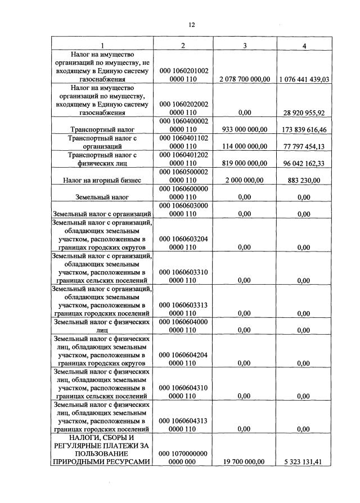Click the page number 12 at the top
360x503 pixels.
[x=191, y=25]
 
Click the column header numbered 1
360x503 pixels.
[x=102, y=46]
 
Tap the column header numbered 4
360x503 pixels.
[x=304, y=46]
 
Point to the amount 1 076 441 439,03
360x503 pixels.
[x=304, y=80]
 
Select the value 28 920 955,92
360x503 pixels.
[x=304, y=113]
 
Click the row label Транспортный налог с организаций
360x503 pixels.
[x=102, y=142]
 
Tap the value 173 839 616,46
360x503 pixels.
[x=304, y=129]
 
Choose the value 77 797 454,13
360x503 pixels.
[x=304, y=146]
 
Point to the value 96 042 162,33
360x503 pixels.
[x=304, y=163]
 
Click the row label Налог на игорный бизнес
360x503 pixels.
[x=102, y=180]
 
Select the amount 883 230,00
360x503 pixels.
[x=304, y=180]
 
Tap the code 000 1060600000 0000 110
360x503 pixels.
[x=184, y=193]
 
